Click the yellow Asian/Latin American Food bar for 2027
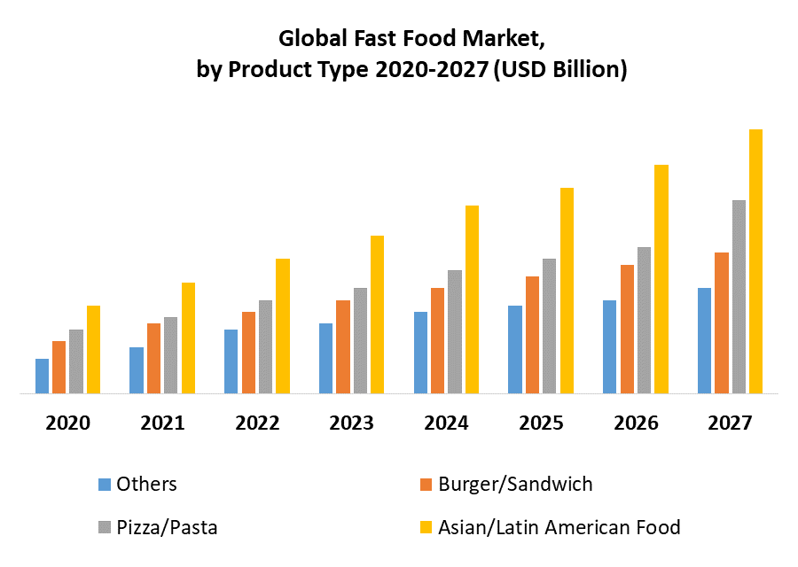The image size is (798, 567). (x=755, y=261)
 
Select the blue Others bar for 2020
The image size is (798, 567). (x=42, y=376)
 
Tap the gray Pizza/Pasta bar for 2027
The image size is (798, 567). (x=739, y=297)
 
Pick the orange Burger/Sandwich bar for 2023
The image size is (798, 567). (x=343, y=346)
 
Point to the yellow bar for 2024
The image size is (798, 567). (x=472, y=299)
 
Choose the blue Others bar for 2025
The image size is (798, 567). (x=514, y=349)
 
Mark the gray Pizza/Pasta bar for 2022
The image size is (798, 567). (x=266, y=346)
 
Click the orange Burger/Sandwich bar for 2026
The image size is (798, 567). (x=627, y=329)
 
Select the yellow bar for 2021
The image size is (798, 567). (x=188, y=338)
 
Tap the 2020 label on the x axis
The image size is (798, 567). (x=67, y=423)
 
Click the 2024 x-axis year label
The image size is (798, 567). (x=446, y=423)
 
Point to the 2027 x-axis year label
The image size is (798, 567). (x=730, y=423)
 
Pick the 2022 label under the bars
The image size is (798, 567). (x=257, y=423)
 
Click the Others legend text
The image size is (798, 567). (x=147, y=484)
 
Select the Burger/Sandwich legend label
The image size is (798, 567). (x=515, y=484)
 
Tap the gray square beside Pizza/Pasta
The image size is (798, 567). (x=105, y=528)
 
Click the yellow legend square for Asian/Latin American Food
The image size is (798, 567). (x=426, y=528)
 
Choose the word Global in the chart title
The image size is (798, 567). (x=311, y=39)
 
